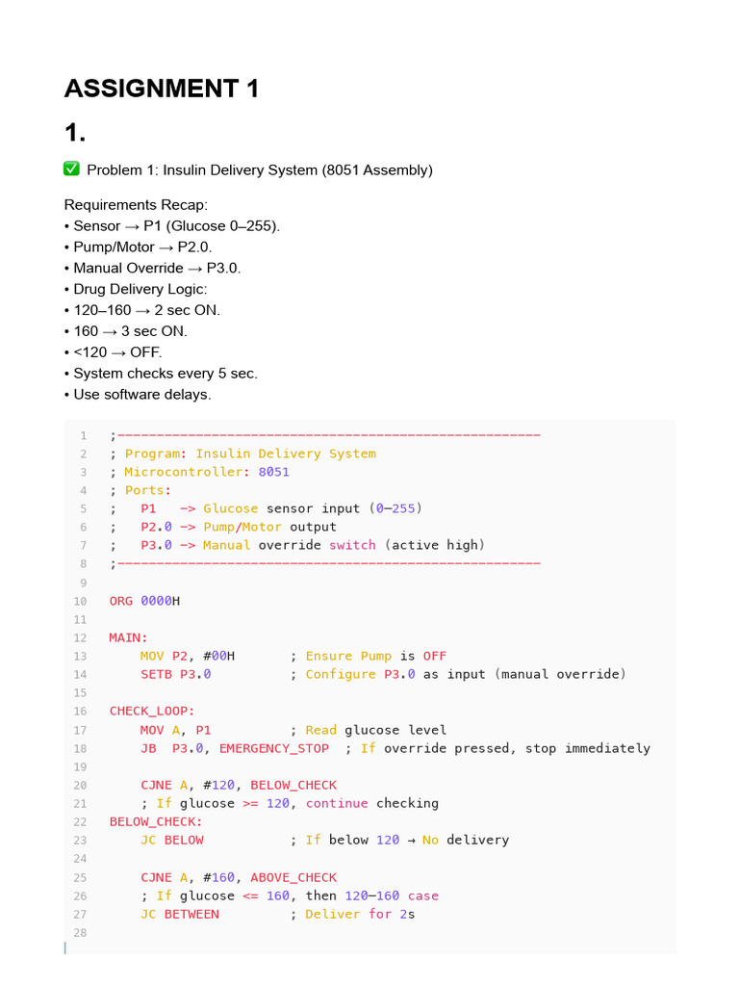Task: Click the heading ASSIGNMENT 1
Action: point(162,90)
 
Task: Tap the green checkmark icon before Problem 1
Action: point(71,169)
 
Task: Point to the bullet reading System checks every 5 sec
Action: point(166,373)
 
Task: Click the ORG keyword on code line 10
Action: point(121,601)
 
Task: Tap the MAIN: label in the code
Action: point(129,637)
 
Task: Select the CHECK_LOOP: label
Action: point(152,711)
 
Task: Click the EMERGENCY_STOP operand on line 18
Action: point(273,748)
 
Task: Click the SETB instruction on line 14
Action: point(156,674)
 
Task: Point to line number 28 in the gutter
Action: point(80,932)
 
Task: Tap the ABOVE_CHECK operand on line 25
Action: point(293,877)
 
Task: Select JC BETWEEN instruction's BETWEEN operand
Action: point(191,914)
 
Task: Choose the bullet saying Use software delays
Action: point(142,394)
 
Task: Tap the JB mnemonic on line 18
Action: point(148,748)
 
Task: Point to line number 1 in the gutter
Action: point(84,435)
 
